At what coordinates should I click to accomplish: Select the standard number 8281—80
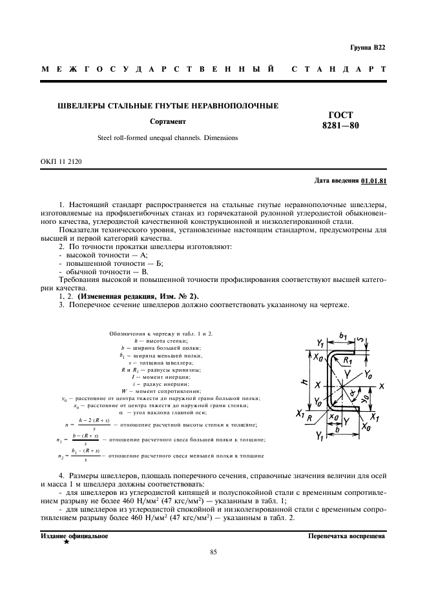point(340,126)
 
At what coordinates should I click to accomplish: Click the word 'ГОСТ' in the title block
point(340,114)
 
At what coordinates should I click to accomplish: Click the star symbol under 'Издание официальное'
point(67,542)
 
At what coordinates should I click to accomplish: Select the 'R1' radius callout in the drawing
point(348,360)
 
